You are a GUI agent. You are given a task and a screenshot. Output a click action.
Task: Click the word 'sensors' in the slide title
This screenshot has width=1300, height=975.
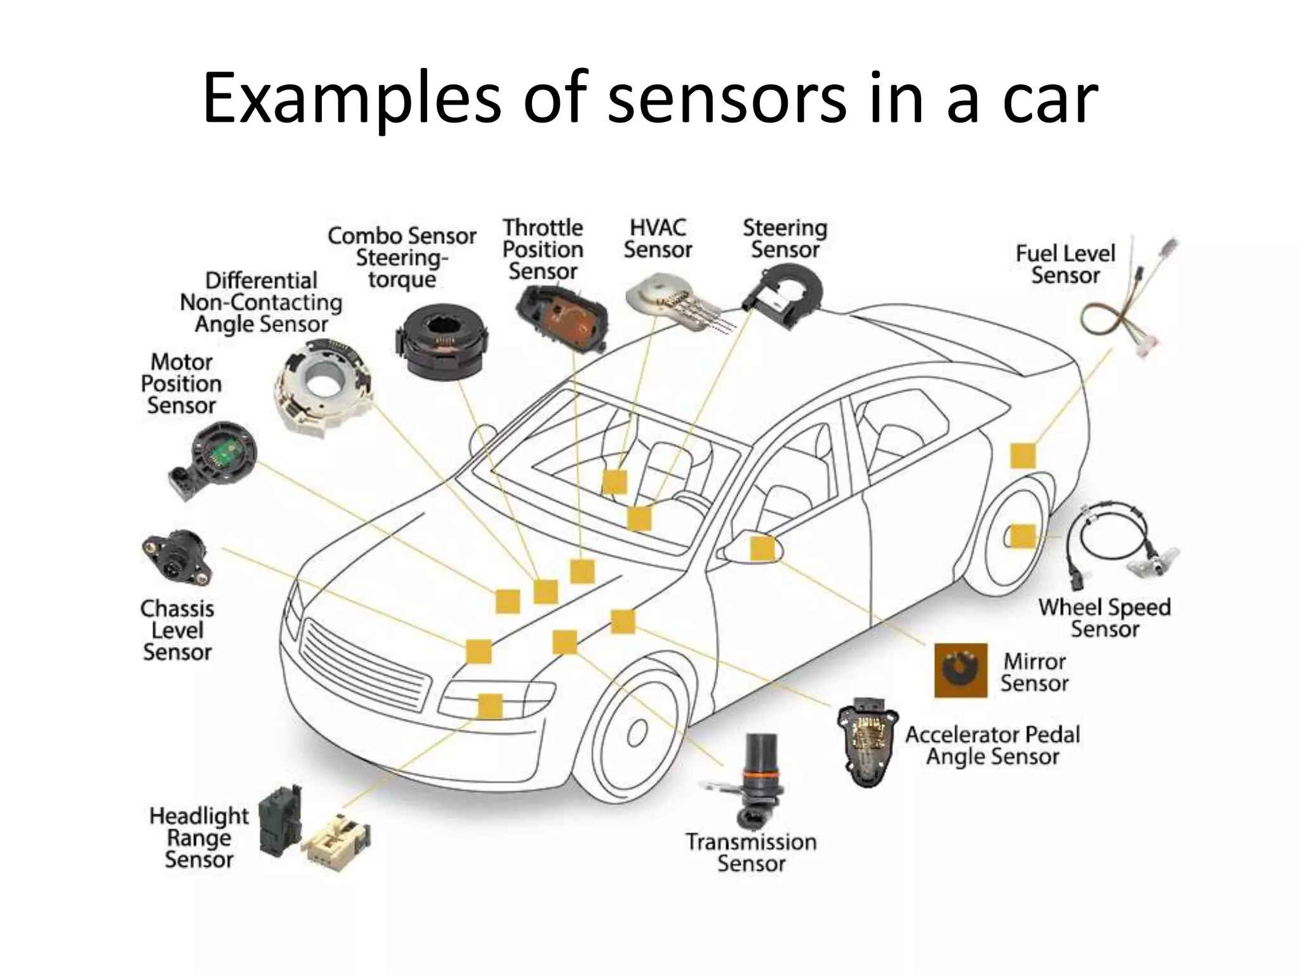[x=726, y=98]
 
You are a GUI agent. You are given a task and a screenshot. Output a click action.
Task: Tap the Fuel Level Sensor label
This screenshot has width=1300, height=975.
[x=1065, y=264]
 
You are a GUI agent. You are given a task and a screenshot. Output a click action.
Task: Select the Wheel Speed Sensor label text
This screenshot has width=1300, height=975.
[x=1104, y=618]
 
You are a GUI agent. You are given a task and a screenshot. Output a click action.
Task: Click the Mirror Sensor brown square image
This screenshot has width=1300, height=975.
[x=960, y=670]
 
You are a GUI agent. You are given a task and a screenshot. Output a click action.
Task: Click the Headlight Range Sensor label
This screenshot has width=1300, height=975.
[x=199, y=837]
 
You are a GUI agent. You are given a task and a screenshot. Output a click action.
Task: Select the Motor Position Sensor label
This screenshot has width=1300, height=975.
[x=182, y=383]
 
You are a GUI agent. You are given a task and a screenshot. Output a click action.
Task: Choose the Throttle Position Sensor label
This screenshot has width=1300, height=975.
[x=543, y=249]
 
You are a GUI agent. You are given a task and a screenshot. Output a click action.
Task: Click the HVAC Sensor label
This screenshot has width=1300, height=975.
[x=658, y=239]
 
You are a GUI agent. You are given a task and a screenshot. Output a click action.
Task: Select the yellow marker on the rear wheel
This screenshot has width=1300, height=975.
[x=1022, y=536]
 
